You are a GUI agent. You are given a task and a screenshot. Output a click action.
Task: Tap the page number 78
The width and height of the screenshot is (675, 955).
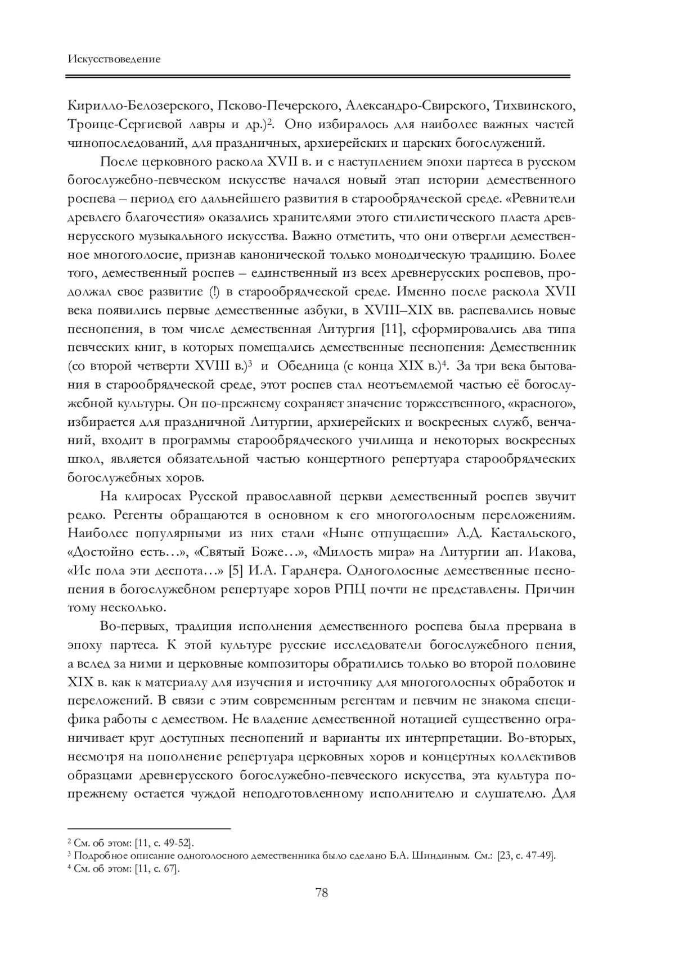pyautogui.click(x=322, y=893)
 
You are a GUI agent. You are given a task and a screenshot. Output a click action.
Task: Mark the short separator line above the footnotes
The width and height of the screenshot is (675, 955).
pyautogui.click(x=149, y=828)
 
